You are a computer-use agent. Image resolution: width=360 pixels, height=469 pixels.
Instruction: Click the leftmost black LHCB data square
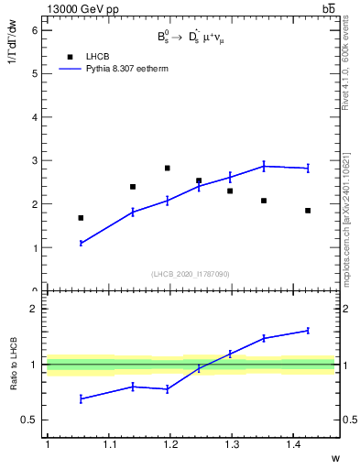[x=81, y=218]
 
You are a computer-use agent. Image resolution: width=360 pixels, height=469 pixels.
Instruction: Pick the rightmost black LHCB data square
[x=308, y=211]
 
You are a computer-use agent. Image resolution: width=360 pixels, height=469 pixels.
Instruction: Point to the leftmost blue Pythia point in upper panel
[x=81, y=243]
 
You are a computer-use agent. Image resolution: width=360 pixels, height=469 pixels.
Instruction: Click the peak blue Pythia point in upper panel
[x=264, y=166]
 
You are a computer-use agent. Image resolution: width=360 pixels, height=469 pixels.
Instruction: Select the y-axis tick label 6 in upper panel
[x=35, y=30]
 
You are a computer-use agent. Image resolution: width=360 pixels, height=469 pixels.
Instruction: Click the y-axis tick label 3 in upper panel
[x=35, y=161]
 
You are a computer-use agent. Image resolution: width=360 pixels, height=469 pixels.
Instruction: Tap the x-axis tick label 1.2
[x=169, y=445]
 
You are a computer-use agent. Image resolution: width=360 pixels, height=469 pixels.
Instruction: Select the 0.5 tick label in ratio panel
[x=29, y=420]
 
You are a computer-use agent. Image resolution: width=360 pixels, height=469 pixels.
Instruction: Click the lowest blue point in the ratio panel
[x=81, y=398]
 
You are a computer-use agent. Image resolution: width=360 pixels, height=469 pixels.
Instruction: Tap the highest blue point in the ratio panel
[x=308, y=330]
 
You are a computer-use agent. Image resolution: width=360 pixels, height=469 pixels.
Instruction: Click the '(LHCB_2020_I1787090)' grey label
[x=191, y=274]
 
